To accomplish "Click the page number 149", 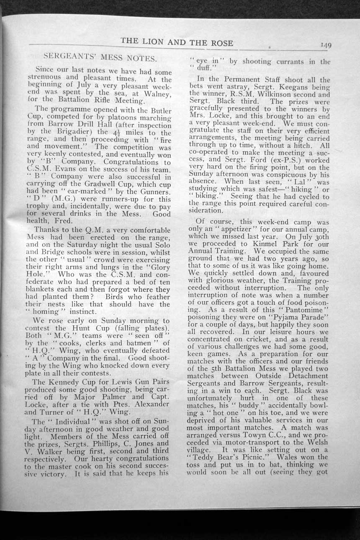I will pyautogui.click(x=325, y=46).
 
